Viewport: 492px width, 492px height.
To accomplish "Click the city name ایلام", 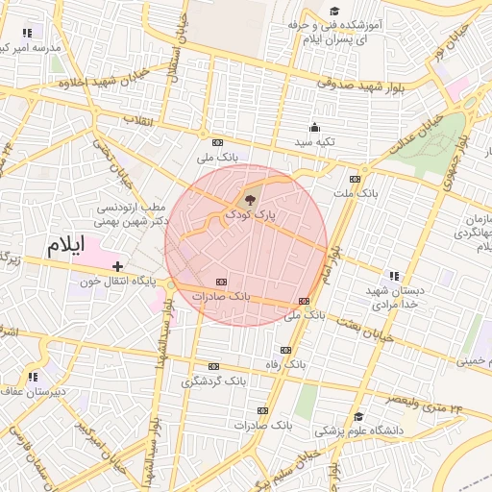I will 66,246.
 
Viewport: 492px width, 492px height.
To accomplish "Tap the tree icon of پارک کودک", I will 251,200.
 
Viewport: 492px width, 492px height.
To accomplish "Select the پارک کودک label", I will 251,217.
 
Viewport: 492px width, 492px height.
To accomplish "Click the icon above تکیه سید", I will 314,128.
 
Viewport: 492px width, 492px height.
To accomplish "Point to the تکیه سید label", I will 314,142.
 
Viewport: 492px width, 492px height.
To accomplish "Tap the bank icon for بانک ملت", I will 355,179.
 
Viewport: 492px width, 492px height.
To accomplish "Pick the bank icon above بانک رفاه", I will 285,351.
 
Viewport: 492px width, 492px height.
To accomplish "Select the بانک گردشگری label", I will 213,381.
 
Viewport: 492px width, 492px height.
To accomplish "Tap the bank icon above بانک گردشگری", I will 213,366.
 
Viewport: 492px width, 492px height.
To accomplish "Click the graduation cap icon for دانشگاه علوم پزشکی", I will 358,416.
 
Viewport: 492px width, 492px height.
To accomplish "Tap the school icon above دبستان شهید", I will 394,276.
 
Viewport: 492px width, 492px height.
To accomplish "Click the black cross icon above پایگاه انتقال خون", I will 117,266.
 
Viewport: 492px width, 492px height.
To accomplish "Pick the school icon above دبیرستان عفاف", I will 33,377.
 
